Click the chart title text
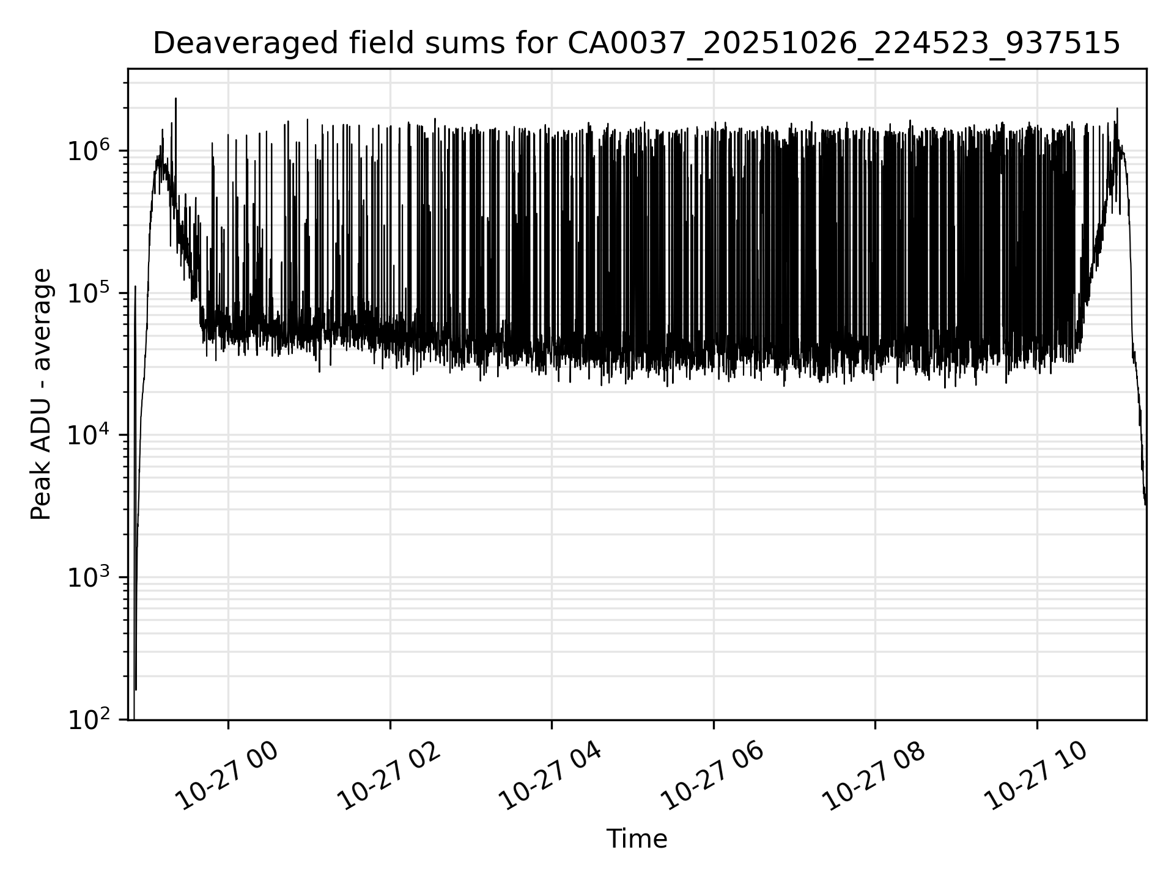coord(636,44)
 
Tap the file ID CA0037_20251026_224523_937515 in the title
coord(844,44)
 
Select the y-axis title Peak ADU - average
coord(42,394)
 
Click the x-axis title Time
coord(636,839)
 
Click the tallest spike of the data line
coord(175,99)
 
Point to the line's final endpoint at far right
coord(1145,505)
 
